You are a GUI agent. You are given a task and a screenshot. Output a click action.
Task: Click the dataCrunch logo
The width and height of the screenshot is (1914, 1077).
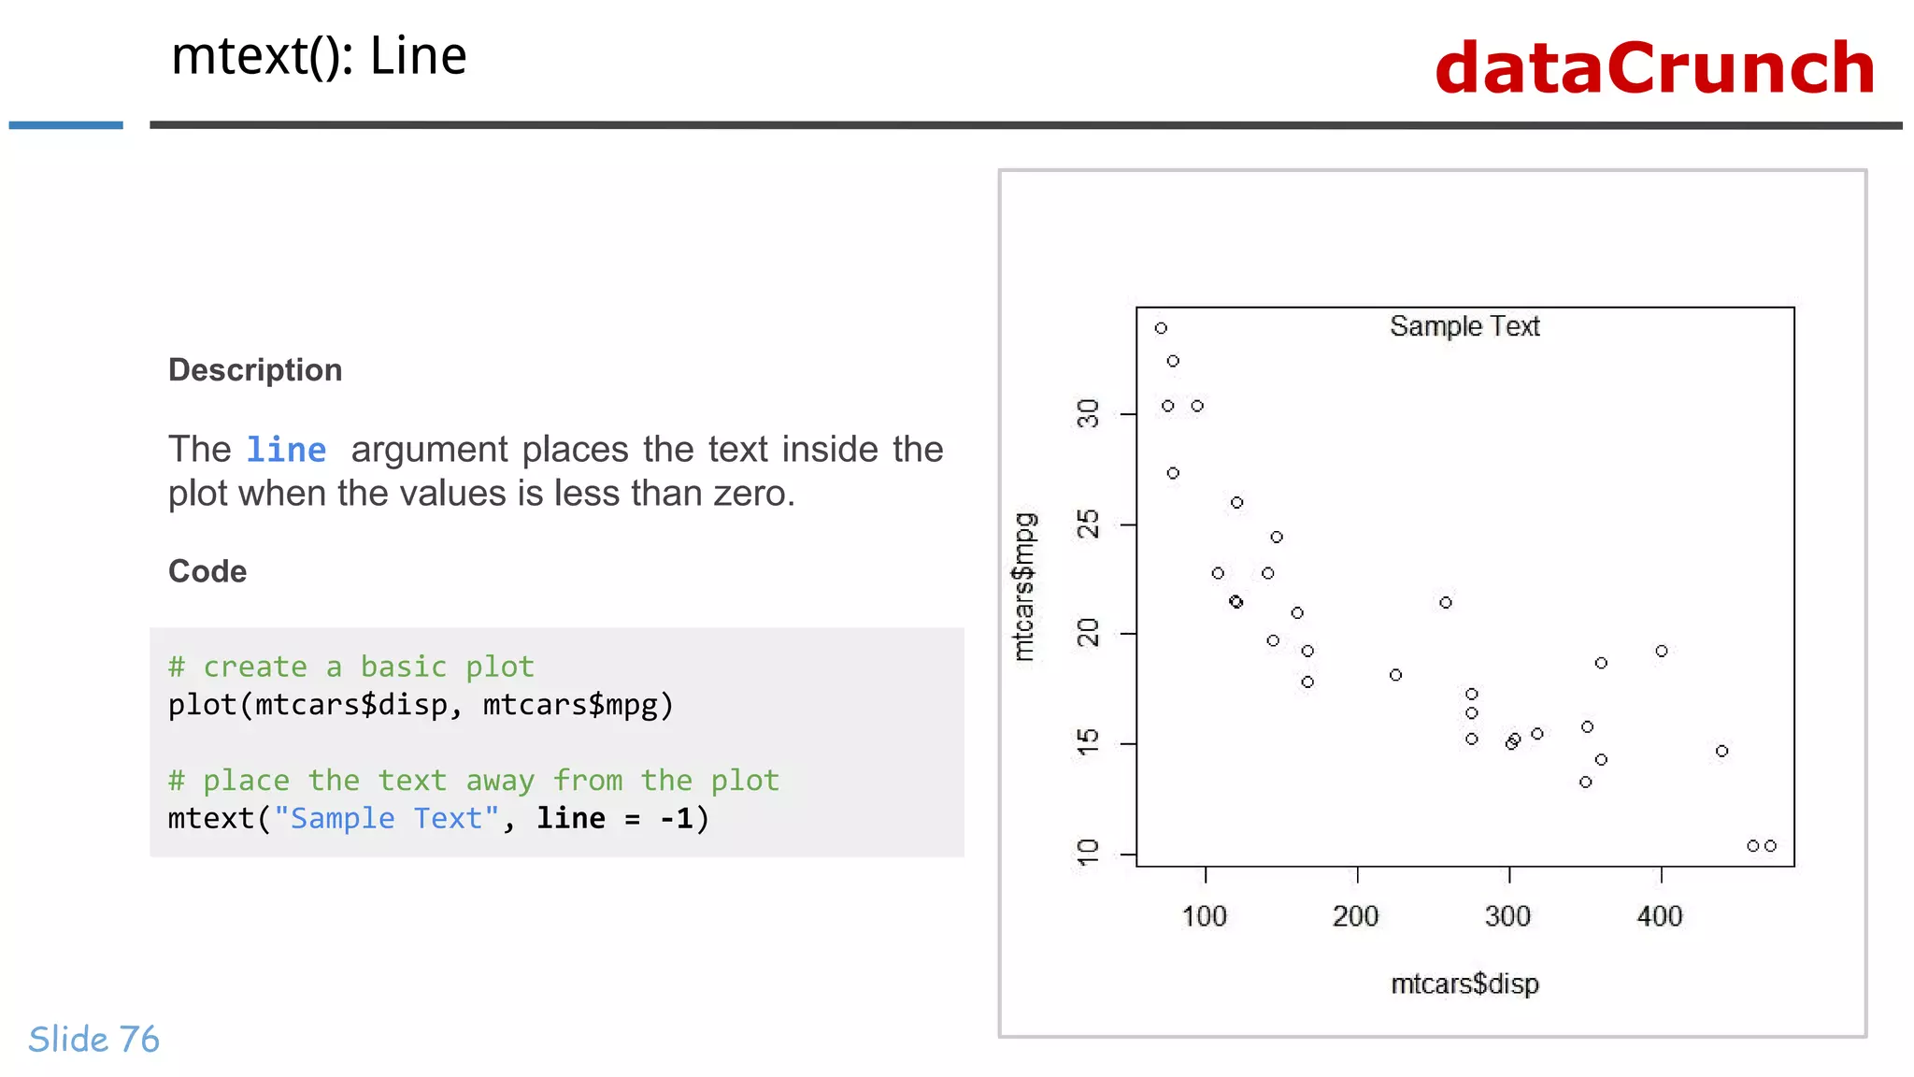pyautogui.click(x=1654, y=68)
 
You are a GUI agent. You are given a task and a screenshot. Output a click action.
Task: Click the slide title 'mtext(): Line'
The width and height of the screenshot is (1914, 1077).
pyautogui.click(x=319, y=56)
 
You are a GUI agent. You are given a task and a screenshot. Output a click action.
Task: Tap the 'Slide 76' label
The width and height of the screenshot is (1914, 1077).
pyautogui.click(x=93, y=1039)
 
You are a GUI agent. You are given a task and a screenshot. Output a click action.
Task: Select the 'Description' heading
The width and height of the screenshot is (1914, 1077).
pyautogui.click(x=255, y=370)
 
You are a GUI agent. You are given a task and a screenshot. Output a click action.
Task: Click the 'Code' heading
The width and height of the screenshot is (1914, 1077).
pyautogui.click(x=207, y=571)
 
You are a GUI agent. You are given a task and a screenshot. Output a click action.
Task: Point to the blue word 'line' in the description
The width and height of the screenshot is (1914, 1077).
pyautogui.click(x=286, y=450)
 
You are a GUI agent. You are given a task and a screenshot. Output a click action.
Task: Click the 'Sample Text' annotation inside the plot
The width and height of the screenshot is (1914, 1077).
pyautogui.click(x=1464, y=326)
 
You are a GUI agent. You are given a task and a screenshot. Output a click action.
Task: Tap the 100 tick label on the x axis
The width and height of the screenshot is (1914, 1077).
pyautogui.click(x=1204, y=916)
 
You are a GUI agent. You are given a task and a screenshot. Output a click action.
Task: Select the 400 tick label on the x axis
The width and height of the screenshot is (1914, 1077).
pyautogui.click(x=1660, y=916)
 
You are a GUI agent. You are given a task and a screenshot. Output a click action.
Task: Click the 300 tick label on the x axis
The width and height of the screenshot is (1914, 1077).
pyautogui.click(x=1507, y=916)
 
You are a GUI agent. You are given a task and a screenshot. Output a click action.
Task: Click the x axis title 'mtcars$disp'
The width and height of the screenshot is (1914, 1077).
pyautogui.click(x=1464, y=984)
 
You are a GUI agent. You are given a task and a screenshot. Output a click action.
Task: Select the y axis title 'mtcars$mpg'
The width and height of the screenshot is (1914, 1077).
pyautogui.click(x=1025, y=586)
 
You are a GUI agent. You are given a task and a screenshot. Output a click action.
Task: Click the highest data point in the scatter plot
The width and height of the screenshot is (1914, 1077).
pyautogui.click(x=1161, y=328)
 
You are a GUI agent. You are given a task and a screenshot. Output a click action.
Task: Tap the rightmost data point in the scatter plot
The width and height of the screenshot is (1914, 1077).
pyautogui.click(x=1770, y=846)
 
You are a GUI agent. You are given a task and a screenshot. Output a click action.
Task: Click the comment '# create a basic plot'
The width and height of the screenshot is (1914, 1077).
pyautogui.click(x=350, y=667)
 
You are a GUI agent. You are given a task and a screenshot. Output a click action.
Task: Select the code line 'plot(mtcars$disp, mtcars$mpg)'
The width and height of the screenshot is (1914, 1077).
pyautogui.click(x=421, y=705)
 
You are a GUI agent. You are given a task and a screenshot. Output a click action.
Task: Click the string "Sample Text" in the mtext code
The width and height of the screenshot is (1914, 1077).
pyautogui.click(x=386, y=819)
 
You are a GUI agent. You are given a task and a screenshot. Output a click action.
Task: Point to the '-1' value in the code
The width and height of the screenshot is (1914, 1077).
pyautogui.click(x=677, y=819)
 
